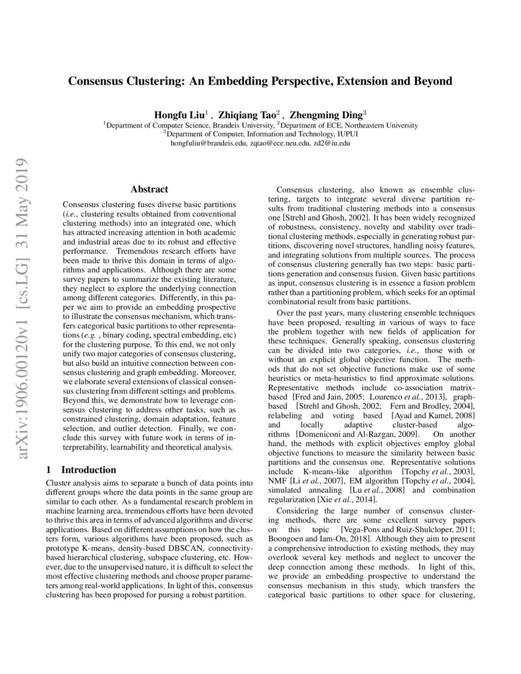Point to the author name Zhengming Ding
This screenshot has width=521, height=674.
coord(326,114)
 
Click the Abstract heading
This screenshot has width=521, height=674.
coord(150,190)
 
